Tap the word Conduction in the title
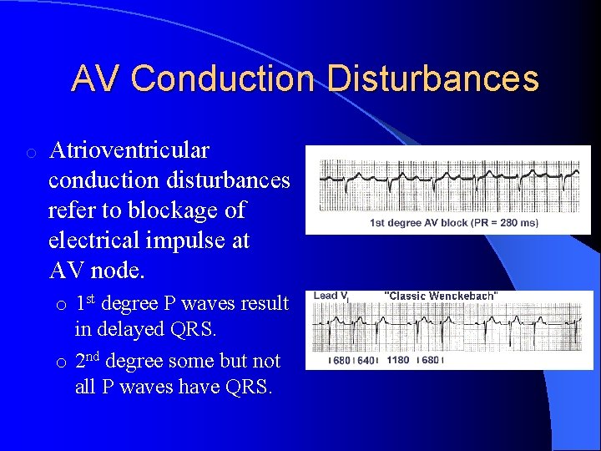tap(225, 79)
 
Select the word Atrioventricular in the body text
tap(129, 151)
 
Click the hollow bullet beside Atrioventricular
tap(30, 153)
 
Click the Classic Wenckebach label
tap(441, 296)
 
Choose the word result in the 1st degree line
tap(263, 304)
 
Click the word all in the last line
tap(86, 388)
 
